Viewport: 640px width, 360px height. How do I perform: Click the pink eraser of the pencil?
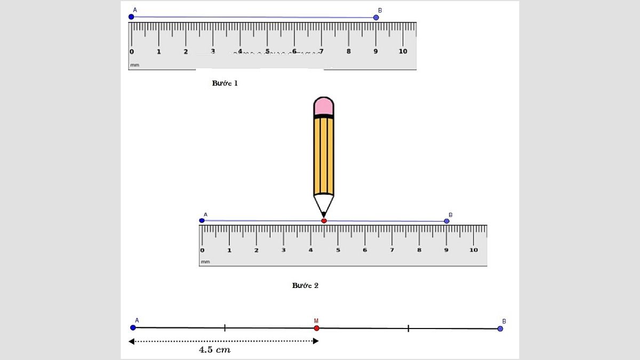click(324, 106)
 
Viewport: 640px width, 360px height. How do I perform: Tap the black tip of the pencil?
click(323, 214)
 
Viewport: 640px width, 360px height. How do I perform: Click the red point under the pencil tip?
click(324, 221)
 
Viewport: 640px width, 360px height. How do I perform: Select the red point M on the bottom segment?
click(316, 328)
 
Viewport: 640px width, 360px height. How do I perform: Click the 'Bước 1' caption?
click(225, 83)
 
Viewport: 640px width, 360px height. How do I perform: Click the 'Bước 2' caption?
click(305, 285)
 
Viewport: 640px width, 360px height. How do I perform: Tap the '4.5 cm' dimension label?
click(214, 350)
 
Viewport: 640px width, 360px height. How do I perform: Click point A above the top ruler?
click(131, 17)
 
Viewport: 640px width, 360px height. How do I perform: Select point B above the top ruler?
click(376, 18)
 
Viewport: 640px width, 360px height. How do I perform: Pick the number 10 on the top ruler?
click(403, 51)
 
